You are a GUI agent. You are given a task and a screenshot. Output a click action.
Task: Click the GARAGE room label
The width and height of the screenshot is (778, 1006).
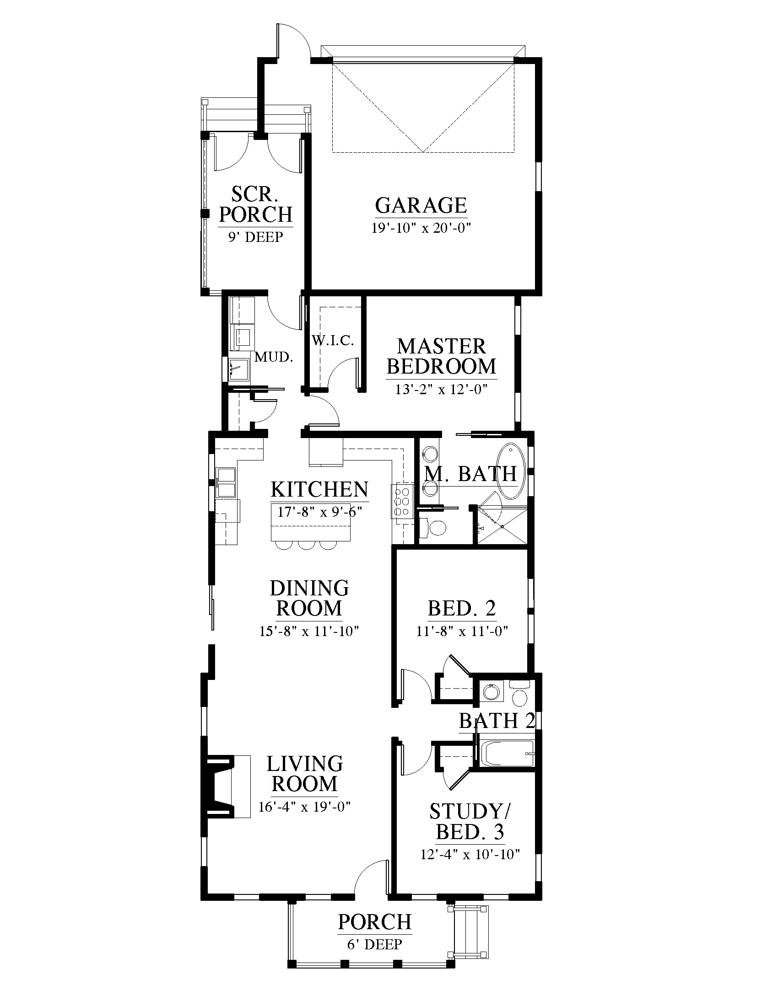421,205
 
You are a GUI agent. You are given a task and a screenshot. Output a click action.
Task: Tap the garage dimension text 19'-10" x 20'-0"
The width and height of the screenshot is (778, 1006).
421,228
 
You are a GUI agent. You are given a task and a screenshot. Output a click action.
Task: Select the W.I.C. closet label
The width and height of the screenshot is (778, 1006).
332,341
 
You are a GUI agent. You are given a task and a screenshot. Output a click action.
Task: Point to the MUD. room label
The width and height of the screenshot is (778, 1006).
274,357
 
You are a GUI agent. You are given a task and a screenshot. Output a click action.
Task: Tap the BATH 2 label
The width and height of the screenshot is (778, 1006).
497,721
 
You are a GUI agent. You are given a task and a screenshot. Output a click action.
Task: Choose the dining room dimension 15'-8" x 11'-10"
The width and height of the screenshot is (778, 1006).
309,631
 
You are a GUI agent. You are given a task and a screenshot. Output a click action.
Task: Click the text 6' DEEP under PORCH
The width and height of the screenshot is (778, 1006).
375,944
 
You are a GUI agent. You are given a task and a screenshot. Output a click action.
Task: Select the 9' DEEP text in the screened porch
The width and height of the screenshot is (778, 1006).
255,237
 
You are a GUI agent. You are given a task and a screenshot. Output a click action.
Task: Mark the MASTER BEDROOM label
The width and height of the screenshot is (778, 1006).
441,357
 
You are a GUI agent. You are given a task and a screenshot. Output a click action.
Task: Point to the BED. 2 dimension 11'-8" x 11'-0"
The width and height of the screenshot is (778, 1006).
462,631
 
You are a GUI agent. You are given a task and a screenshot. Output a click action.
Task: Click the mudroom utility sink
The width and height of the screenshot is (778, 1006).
239,369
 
